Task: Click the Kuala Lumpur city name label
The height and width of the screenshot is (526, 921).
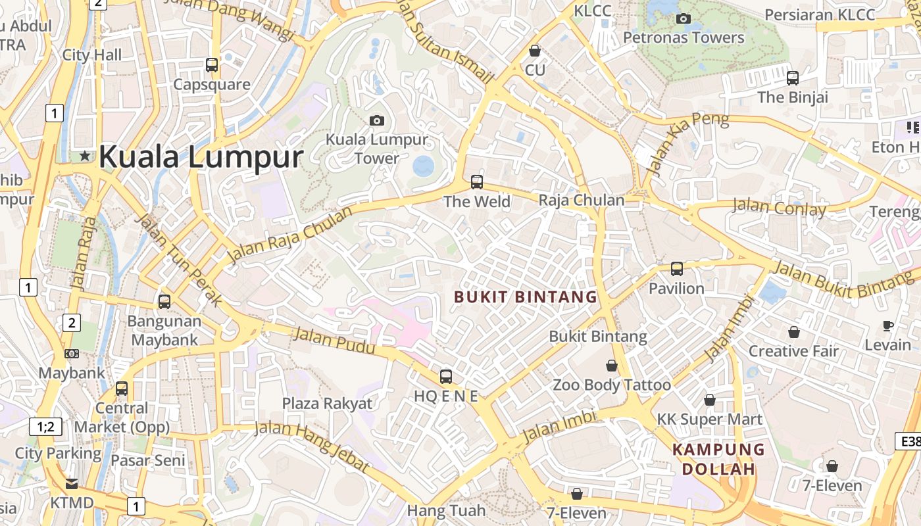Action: click(x=201, y=158)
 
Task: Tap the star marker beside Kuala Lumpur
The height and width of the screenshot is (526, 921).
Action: click(x=85, y=156)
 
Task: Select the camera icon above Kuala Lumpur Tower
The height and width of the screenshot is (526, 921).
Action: click(x=377, y=120)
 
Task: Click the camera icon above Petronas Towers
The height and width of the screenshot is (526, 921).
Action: click(x=684, y=18)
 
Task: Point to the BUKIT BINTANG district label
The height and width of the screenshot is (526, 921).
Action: click(x=526, y=297)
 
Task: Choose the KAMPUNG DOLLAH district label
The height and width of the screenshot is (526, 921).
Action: click(x=718, y=460)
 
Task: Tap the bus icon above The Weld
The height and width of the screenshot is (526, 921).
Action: click(x=477, y=182)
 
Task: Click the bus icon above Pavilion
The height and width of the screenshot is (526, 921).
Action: click(x=677, y=269)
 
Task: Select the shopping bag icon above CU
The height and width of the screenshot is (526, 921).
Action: click(x=535, y=51)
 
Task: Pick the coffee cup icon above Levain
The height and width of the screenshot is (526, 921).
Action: click(x=888, y=325)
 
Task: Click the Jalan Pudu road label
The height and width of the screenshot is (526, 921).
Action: click(x=334, y=341)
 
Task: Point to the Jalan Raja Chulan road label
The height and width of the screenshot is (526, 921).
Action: click(x=289, y=233)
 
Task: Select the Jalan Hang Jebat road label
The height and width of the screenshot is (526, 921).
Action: click(x=311, y=446)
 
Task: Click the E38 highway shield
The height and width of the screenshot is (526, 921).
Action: click(x=909, y=441)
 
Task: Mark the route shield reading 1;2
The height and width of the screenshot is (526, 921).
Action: click(x=45, y=427)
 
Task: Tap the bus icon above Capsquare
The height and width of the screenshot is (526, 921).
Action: click(x=212, y=65)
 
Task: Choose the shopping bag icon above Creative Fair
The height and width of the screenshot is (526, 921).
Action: click(x=794, y=332)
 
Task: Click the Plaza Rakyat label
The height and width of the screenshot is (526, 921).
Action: click(x=327, y=403)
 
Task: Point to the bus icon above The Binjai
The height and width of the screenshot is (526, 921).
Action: click(x=793, y=78)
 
